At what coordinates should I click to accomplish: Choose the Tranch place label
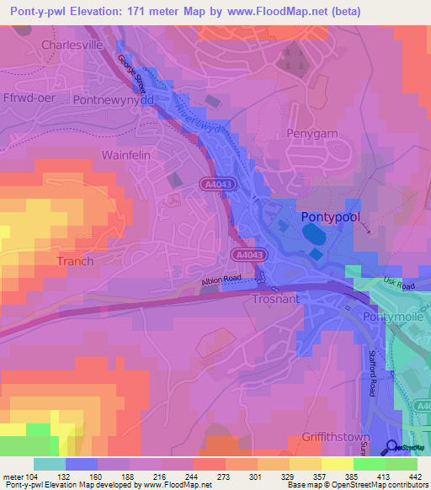[x=74, y=261]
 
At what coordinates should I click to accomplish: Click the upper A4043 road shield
[x=216, y=184]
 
